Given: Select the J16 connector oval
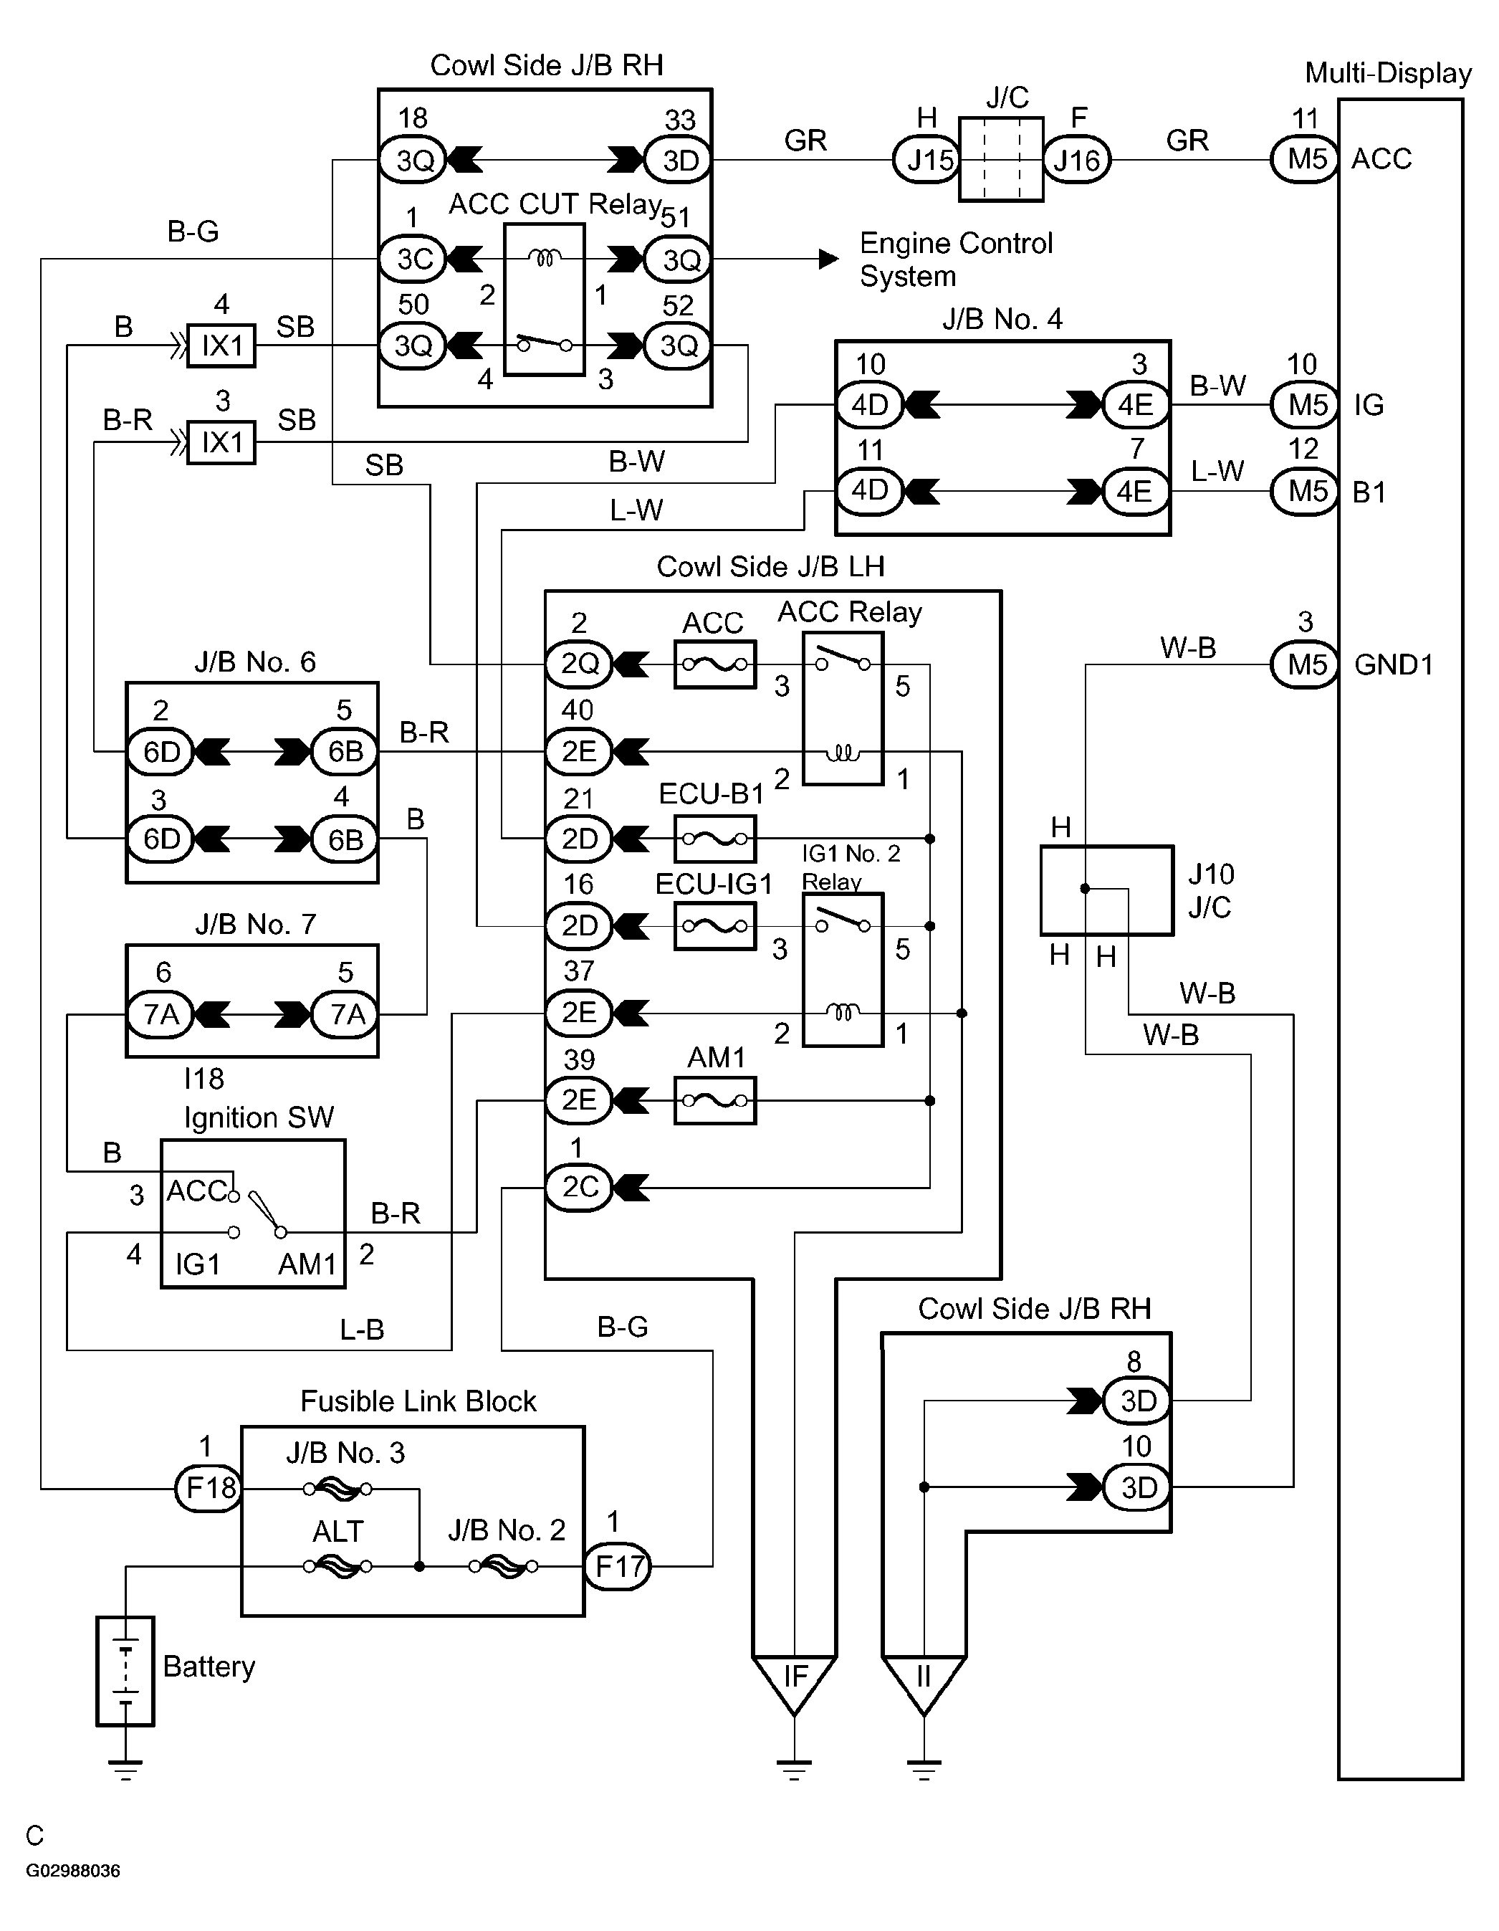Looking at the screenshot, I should [1076, 160].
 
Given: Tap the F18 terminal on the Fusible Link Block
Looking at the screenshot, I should [209, 1488].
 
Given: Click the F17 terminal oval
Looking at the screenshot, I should [618, 1566].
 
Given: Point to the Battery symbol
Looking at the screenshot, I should [125, 1670].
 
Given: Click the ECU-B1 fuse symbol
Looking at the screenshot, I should [715, 838].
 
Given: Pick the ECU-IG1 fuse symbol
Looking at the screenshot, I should [715, 925].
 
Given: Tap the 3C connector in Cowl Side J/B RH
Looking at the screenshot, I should [413, 259].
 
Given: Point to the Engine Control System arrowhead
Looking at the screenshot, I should [828, 259].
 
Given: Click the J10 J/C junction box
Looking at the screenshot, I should [1106, 890].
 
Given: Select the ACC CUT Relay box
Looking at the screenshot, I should [545, 300].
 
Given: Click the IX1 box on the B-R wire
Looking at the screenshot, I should [221, 442].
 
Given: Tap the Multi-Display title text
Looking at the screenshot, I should [1388, 73].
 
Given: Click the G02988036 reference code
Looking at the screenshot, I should [72, 1871].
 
